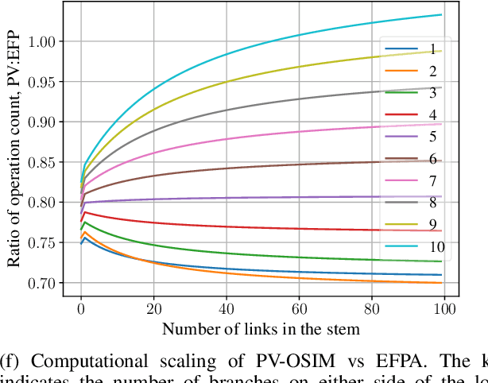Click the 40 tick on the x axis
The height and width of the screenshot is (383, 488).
pyautogui.click(x=227, y=308)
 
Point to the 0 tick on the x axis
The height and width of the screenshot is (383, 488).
pyautogui.click(x=81, y=308)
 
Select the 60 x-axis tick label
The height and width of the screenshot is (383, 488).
pyautogui.click(x=299, y=308)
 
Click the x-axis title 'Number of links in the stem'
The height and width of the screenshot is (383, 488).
pyautogui.click(x=261, y=328)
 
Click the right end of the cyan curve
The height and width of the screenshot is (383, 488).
pyautogui.click(x=441, y=15)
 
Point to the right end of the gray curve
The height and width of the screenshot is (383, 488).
pyautogui.click(x=441, y=87)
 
